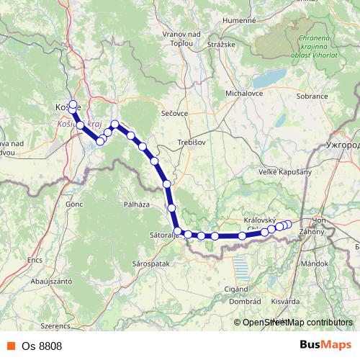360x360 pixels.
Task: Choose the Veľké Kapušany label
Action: pos(282,172)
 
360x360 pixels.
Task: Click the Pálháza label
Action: pos(136,204)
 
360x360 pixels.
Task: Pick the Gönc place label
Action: pos(74,204)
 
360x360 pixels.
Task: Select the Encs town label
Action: pos(35,258)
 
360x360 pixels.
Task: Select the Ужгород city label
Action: pos(341,143)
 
